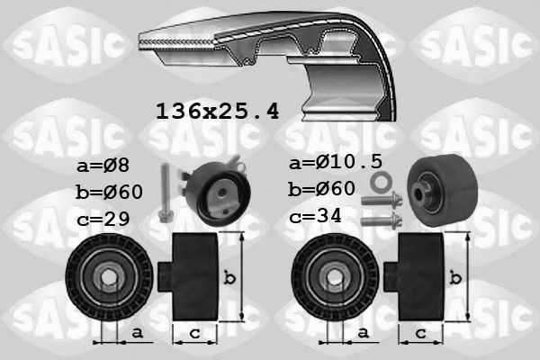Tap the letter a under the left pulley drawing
click(137, 334)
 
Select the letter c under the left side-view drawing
click(191, 334)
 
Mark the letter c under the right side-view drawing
click(419, 334)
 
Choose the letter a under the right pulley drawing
click(363, 334)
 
